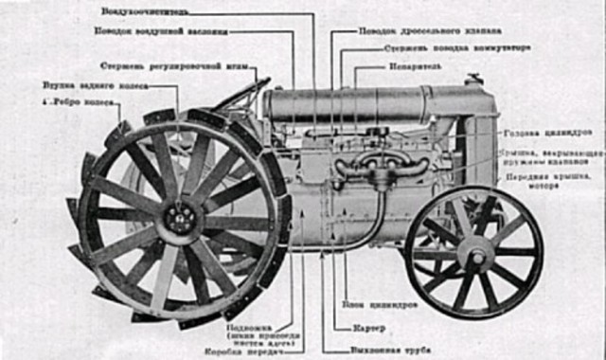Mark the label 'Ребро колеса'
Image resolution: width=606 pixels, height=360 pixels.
click(86, 100)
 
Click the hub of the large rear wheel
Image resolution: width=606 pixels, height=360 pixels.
click(177, 222)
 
